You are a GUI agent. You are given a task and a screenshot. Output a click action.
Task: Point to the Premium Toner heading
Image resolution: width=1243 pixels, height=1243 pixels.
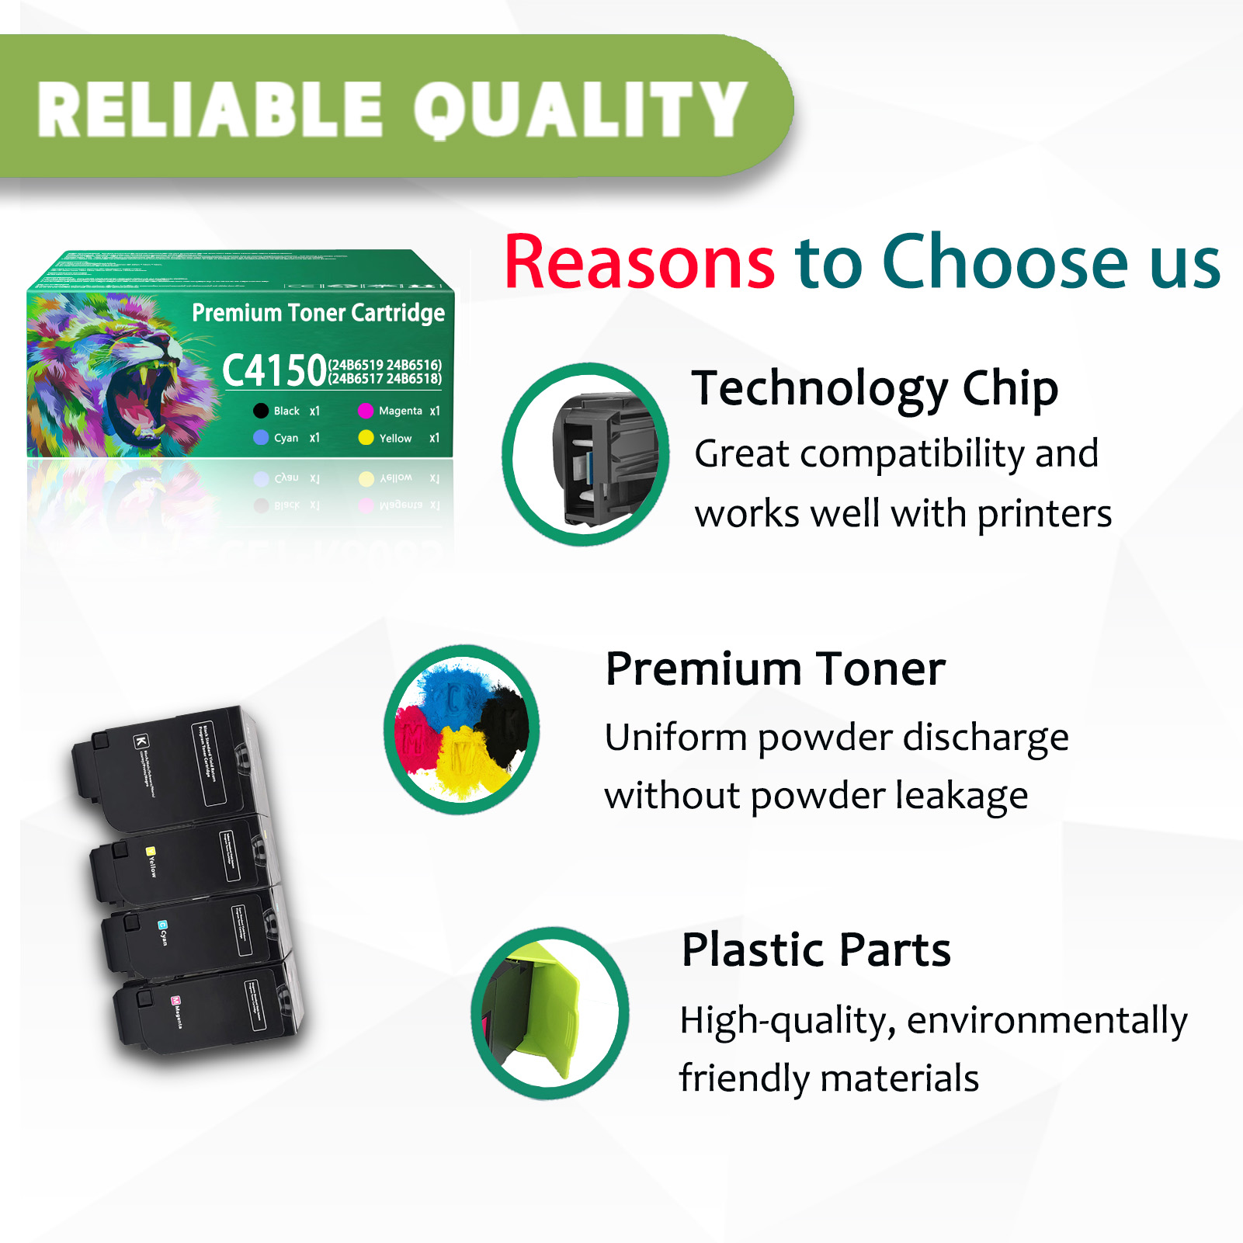pos(775,668)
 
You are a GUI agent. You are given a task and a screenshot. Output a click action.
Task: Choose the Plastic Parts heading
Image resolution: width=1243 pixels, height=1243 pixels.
pos(816,950)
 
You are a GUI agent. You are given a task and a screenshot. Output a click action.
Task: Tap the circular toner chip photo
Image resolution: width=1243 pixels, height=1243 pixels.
pos(586,454)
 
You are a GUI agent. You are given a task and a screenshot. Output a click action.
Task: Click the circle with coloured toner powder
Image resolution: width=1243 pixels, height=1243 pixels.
pos(462,730)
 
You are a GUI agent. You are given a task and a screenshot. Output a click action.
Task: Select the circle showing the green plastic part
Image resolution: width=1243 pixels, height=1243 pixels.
pos(550,1012)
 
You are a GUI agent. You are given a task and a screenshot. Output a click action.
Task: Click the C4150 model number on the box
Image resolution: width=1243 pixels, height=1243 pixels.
pos(274,370)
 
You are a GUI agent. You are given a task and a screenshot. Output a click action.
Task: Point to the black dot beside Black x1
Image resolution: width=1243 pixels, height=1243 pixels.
pos(261,411)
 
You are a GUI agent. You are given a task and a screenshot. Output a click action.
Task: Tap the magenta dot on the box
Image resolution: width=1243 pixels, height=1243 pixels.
pos(366,411)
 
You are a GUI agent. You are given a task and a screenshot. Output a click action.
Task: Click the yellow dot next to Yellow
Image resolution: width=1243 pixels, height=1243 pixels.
pos(366,438)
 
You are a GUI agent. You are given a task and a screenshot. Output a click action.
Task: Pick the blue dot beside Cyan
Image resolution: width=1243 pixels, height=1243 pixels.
pos(261,438)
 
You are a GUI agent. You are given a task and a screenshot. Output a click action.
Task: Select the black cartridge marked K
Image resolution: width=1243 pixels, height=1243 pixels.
pos(167,765)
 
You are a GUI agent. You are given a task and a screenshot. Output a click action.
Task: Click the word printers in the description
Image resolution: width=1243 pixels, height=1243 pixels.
pos(1044,514)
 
